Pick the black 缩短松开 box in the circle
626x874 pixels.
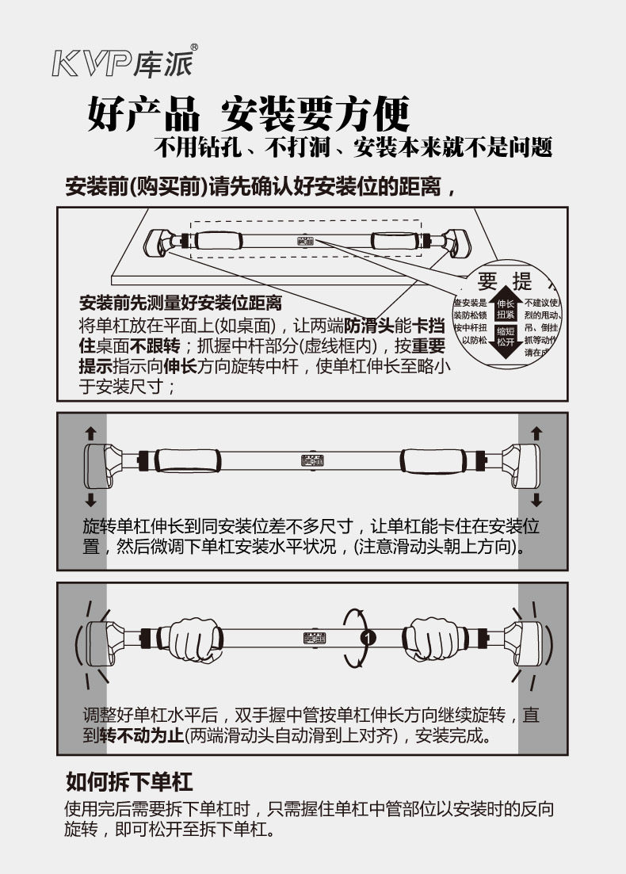pyautogui.click(x=506, y=335)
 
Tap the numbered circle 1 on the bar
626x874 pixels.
pyautogui.click(x=366, y=636)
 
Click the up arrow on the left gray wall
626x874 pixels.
pyautogui.click(x=90, y=433)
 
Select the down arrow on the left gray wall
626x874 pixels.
pyautogui.click(x=90, y=499)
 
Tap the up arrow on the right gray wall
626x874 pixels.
pyautogui.click(x=536, y=433)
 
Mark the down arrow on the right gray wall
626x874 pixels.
pyautogui.click(x=536, y=499)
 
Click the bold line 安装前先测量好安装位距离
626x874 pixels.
pyautogui.click(x=180, y=303)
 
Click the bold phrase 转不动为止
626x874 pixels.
pyautogui.click(x=141, y=735)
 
